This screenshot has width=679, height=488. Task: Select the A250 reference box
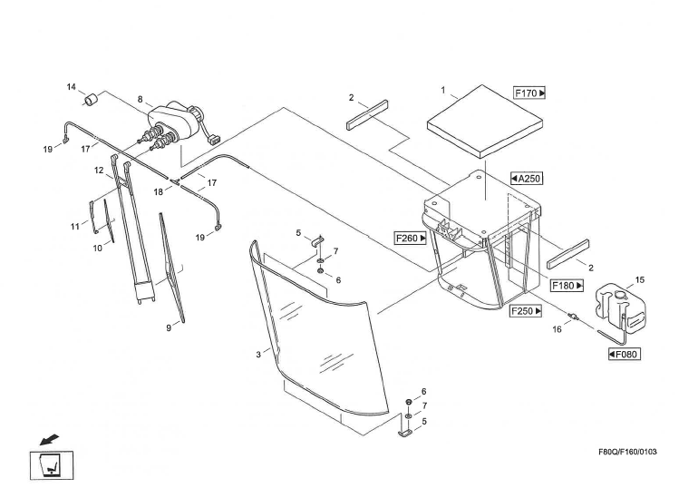526,178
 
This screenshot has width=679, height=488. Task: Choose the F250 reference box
526,311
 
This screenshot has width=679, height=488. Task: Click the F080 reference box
626,354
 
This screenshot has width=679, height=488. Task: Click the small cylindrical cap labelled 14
92,98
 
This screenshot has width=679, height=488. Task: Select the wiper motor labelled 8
174,122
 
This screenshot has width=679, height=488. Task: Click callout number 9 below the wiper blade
168,328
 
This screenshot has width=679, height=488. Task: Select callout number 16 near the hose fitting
558,330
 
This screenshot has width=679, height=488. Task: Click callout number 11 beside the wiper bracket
76,224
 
